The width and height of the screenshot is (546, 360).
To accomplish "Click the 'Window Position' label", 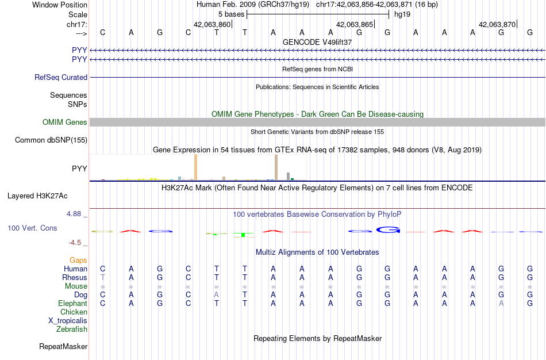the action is click(x=60, y=5).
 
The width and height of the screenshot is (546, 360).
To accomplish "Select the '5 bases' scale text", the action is click(x=231, y=14).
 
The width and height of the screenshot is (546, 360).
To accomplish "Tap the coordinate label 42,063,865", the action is click(x=355, y=24).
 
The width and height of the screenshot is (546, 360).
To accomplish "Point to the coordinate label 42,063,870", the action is click(x=497, y=24).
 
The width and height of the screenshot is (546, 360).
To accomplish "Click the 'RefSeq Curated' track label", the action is click(x=61, y=78).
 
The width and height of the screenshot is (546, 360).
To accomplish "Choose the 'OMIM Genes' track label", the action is click(x=65, y=122).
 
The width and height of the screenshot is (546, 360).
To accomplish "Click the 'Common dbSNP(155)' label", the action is click(x=51, y=140).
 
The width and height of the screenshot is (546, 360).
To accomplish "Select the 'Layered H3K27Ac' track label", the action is click(x=37, y=196).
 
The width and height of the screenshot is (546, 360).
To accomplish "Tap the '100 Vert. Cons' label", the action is click(x=32, y=228).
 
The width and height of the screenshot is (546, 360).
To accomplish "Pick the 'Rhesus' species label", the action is click(x=75, y=277).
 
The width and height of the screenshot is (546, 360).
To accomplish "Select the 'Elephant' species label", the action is click(x=72, y=303).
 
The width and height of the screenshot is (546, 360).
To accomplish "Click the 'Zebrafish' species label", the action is click(x=72, y=329).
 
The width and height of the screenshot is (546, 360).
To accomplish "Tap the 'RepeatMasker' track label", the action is click(x=63, y=346).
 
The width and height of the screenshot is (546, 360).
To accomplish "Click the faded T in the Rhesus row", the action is click(x=102, y=277).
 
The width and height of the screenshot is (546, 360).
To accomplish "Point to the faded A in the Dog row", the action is click(x=217, y=294).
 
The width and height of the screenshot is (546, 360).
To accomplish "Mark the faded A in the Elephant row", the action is click(x=501, y=303).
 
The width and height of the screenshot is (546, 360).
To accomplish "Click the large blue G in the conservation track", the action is click(x=388, y=229).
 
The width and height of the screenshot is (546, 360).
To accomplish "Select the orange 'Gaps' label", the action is click(x=78, y=261).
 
